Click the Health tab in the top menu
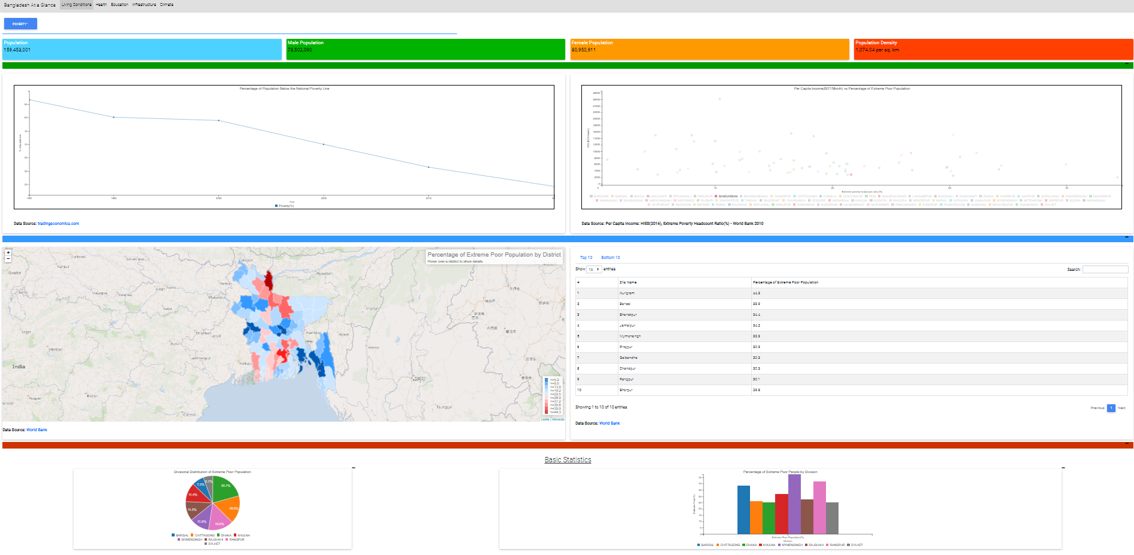(101, 5)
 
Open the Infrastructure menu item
(144, 5)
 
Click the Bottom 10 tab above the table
(610, 258)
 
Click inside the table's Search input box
(1105, 270)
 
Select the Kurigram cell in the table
(627, 293)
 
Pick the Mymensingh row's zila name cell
(630, 336)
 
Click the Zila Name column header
(628, 282)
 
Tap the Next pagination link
(1121, 408)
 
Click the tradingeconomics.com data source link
(58, 224)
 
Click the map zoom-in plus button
(8, 252)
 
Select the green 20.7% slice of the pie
(225, 487)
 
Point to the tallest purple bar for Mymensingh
(794, 504)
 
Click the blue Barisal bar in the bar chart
(743, 510)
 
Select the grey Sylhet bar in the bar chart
(832, 518)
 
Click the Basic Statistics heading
(568, 460)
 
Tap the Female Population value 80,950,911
(583, 50)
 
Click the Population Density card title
(876, 43)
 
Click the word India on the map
(19, 367)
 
